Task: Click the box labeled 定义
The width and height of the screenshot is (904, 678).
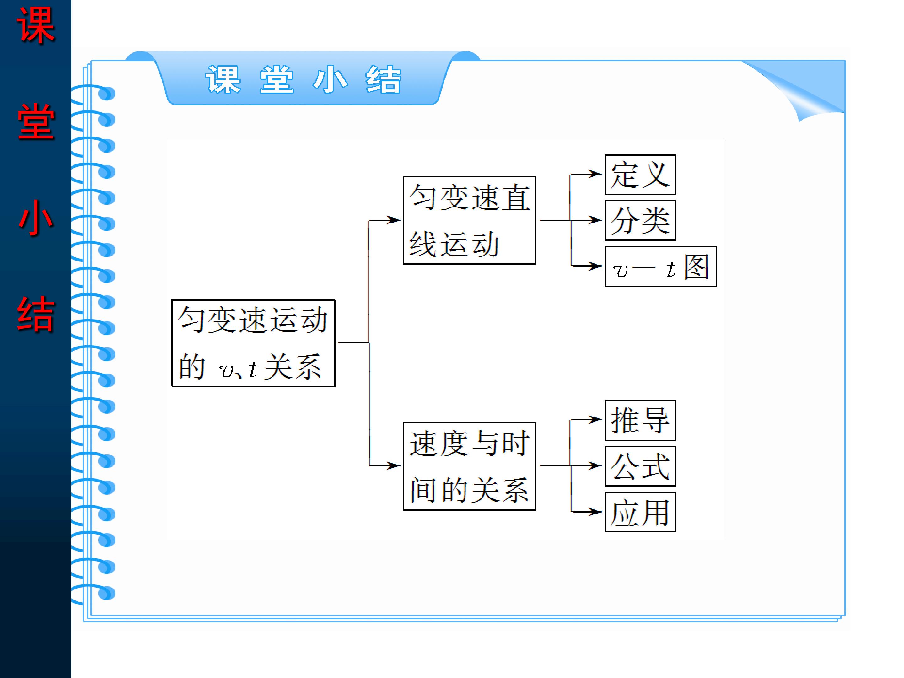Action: click(640, 175)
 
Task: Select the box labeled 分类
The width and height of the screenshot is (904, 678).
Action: click(640, 221)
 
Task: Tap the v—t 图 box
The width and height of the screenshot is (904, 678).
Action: click(660, 266)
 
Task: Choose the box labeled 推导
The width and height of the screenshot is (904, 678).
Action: click(640, 420)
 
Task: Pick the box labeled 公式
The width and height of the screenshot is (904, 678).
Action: click(640, 466)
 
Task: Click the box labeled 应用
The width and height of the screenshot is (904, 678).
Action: click(640, 512)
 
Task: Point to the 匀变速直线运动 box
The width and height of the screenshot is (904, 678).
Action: click(469, 221)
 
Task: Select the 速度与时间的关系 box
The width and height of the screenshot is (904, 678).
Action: click(469, 466)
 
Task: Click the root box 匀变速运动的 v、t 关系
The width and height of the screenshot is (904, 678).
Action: click(253, 343)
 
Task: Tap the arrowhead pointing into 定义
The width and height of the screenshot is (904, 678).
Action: click(596, 174)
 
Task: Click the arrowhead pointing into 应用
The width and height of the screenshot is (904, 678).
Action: click(596, 512)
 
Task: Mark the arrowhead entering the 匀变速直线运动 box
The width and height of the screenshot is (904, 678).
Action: click(394, 220)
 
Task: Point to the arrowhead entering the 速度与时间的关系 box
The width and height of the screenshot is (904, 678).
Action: click(394, 465)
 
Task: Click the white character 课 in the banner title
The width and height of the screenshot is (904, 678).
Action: click(223, 79)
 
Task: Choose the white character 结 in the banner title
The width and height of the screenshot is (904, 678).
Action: click(383, 79)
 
